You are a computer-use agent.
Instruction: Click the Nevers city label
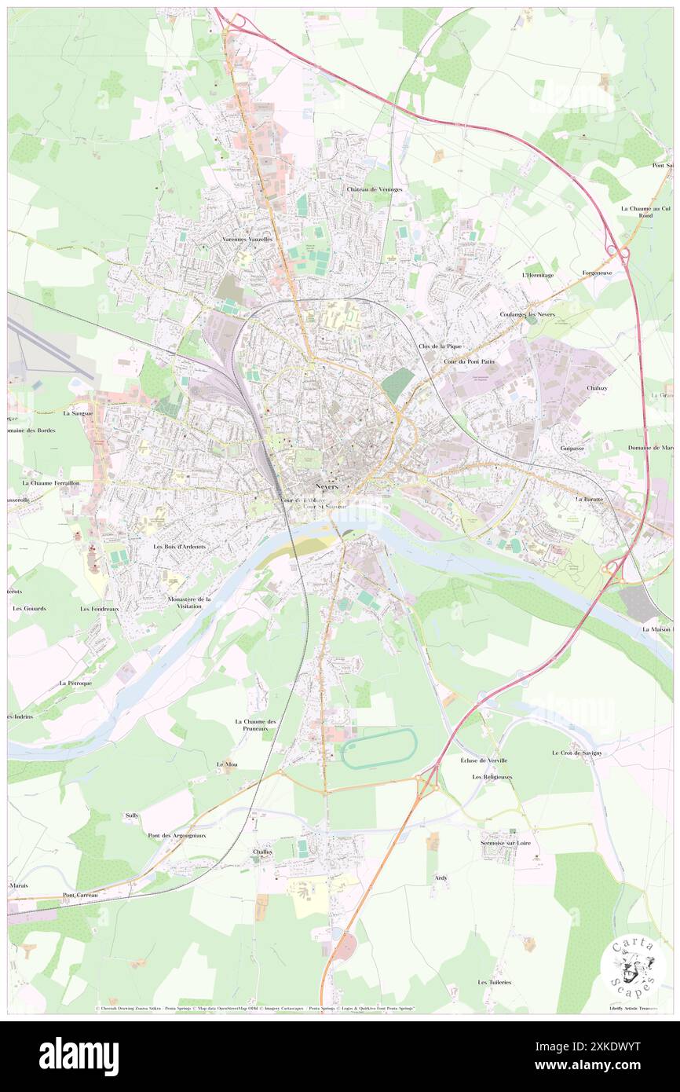[329, 486]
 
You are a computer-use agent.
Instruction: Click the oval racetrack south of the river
[379, 748]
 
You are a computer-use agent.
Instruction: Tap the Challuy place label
[262, 852]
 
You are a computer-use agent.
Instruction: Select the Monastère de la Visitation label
[189, 603]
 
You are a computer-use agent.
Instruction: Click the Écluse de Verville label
[484, 760]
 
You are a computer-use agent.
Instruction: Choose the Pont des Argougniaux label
[177, 835]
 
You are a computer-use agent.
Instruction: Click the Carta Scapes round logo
[633, 968]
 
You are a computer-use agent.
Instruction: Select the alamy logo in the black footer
[79, 1057]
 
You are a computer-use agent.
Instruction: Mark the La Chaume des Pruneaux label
[256, 725]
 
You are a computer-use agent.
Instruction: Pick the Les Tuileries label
[495, 982]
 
